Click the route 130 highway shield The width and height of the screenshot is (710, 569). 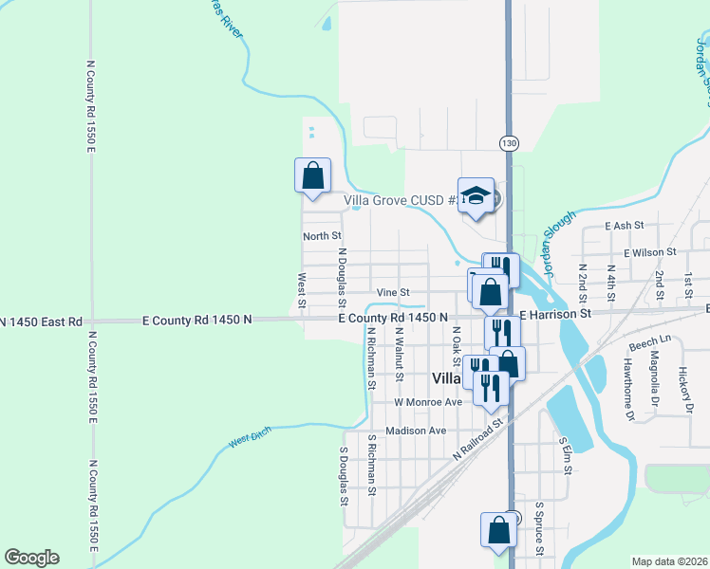(510, 142)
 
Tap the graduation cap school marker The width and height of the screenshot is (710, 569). (476, 196)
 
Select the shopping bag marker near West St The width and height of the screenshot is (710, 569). (312, 175)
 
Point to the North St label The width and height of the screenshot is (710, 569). (322, 235)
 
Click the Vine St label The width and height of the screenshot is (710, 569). (392, 292)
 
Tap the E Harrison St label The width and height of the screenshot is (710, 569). (555, 313)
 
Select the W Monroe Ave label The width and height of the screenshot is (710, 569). (427, 402)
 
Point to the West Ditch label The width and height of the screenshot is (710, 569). (250, 438)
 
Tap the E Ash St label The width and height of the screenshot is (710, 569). (625, 226)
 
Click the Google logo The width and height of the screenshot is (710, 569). (31, 558)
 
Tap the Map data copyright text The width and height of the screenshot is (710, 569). (670, 561)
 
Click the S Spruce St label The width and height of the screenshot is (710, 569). (538, 529)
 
